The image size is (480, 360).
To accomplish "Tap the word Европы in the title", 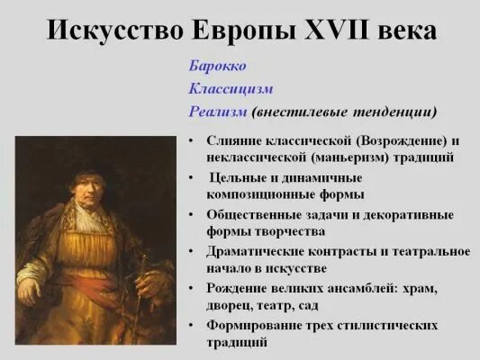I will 249,31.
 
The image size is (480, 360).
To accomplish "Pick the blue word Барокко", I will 217,67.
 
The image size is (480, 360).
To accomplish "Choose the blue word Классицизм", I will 231,89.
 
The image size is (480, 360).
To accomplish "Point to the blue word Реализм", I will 218,112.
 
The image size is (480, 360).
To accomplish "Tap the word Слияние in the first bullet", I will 236,141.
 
